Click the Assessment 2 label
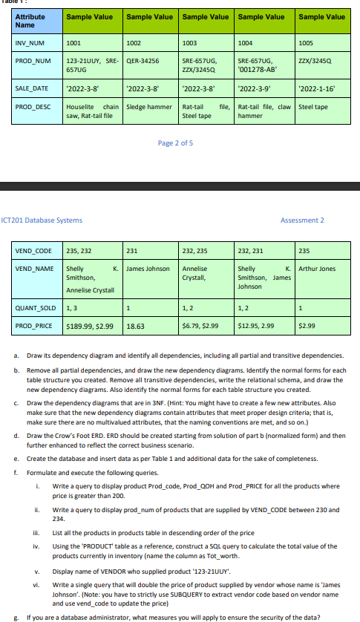click(x=302, y=220)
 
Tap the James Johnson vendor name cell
click(x=148, y=268)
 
